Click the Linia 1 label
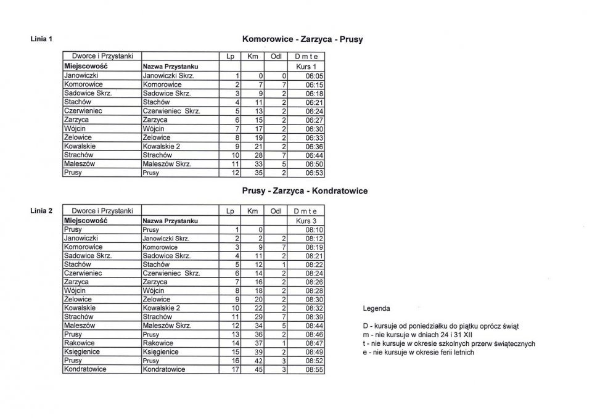pos(41,39)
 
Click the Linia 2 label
pos(41,211)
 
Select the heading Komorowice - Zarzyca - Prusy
pos(303,39)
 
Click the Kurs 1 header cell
pos(306,66)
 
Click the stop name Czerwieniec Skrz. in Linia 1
pos(171,111)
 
